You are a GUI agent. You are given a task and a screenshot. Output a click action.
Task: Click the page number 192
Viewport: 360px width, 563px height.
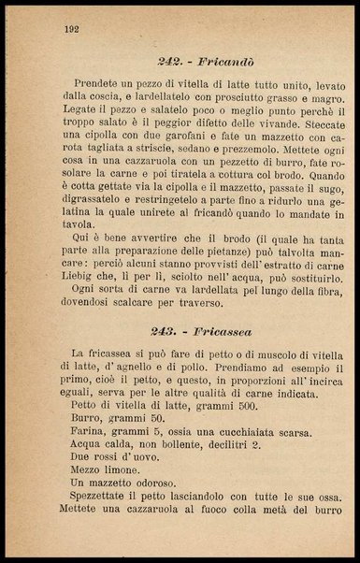70,29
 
